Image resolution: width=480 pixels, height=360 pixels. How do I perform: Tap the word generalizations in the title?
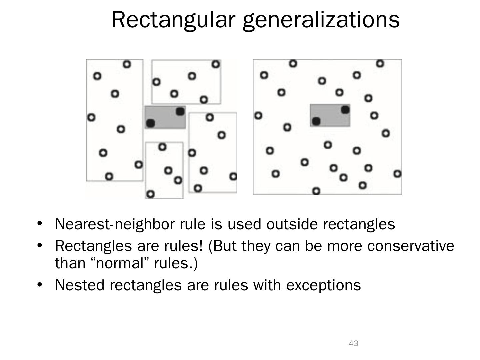[321, 20]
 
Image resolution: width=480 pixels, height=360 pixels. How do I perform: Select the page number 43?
[353, 343]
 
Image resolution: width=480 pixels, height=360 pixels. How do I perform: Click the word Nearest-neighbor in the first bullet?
[114, 224]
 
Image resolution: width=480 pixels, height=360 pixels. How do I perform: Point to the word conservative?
[411, 246]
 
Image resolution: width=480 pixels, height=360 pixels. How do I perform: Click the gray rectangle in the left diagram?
[165, 117]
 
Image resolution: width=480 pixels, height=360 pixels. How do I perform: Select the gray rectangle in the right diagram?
[330, 115]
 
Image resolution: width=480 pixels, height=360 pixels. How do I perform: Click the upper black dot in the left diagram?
[180, 111]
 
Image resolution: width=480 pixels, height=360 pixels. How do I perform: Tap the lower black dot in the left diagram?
[151, 123]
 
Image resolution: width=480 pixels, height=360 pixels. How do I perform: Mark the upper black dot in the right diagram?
[345, 109]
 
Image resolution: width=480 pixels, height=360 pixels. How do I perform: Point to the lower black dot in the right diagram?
[316, 121]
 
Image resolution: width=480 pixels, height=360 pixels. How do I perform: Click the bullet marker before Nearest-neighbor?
[40, 223]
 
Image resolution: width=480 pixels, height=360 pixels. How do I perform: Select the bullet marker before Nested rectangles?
[40, 284]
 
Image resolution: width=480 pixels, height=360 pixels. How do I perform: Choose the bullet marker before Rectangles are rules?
[40, 245]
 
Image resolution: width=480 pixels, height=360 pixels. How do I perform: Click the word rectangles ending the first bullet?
[359, 224]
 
